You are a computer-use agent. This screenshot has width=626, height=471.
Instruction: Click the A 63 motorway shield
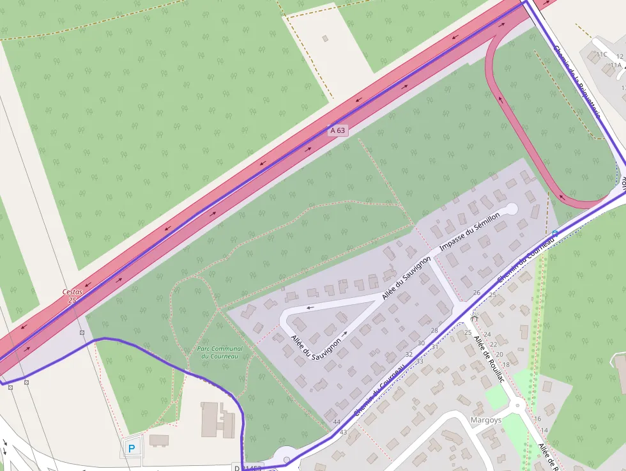[x=338, y=130]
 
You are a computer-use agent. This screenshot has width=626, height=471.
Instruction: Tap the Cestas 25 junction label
[x=72, y=295]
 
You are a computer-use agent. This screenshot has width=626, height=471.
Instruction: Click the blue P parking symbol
[x=132, y=449]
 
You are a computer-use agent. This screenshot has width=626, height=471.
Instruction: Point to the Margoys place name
[x=485, y=421]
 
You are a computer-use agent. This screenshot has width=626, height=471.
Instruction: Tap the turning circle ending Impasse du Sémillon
[x=512, y=208]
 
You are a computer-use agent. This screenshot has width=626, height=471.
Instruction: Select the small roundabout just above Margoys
[x=517, y=404]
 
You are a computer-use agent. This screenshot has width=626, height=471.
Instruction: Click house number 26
[x=477, y=293]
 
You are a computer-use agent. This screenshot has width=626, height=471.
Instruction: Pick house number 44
[x=337, y=422]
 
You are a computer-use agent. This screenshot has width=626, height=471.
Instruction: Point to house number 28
[x=434, y=330]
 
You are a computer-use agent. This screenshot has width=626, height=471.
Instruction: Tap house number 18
[x=506, y=364]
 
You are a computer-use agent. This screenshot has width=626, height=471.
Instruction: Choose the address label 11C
[x=602, y=55]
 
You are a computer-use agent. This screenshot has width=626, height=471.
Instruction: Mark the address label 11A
[x=615, y=65]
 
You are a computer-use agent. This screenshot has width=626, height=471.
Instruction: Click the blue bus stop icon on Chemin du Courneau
[x=554, y=233]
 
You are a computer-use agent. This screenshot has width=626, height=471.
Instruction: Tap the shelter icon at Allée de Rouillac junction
[x=474, y=318]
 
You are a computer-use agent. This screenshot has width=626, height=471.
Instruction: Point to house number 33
[x=420, y=362]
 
